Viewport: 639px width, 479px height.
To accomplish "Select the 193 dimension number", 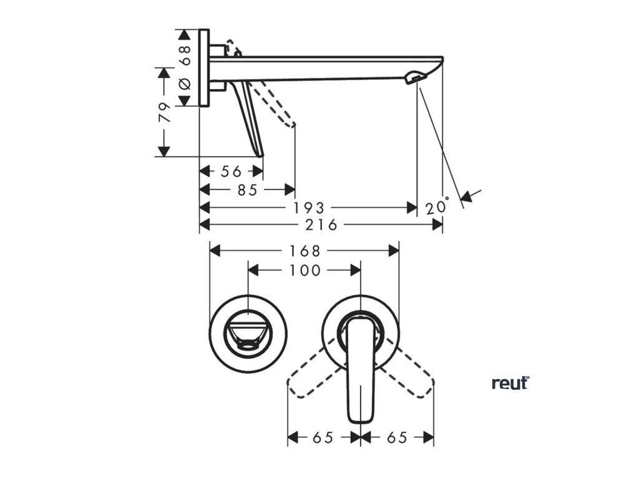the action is (x=309, y=208).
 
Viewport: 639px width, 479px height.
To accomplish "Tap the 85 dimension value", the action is (x=247, y=190).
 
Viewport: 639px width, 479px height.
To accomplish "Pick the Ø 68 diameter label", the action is (x=185, y=68).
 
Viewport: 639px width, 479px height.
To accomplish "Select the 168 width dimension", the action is (x=305, y=251).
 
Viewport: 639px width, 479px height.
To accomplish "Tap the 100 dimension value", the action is (x=305, y=270).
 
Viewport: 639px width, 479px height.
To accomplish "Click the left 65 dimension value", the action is (x=323, y=438).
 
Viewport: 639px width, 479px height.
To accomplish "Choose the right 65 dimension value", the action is (x=397, y=438).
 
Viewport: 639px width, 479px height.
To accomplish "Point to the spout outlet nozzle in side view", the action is (x=414, y=78).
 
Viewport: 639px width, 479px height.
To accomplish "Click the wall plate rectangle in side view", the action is (x=203, y=68).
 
